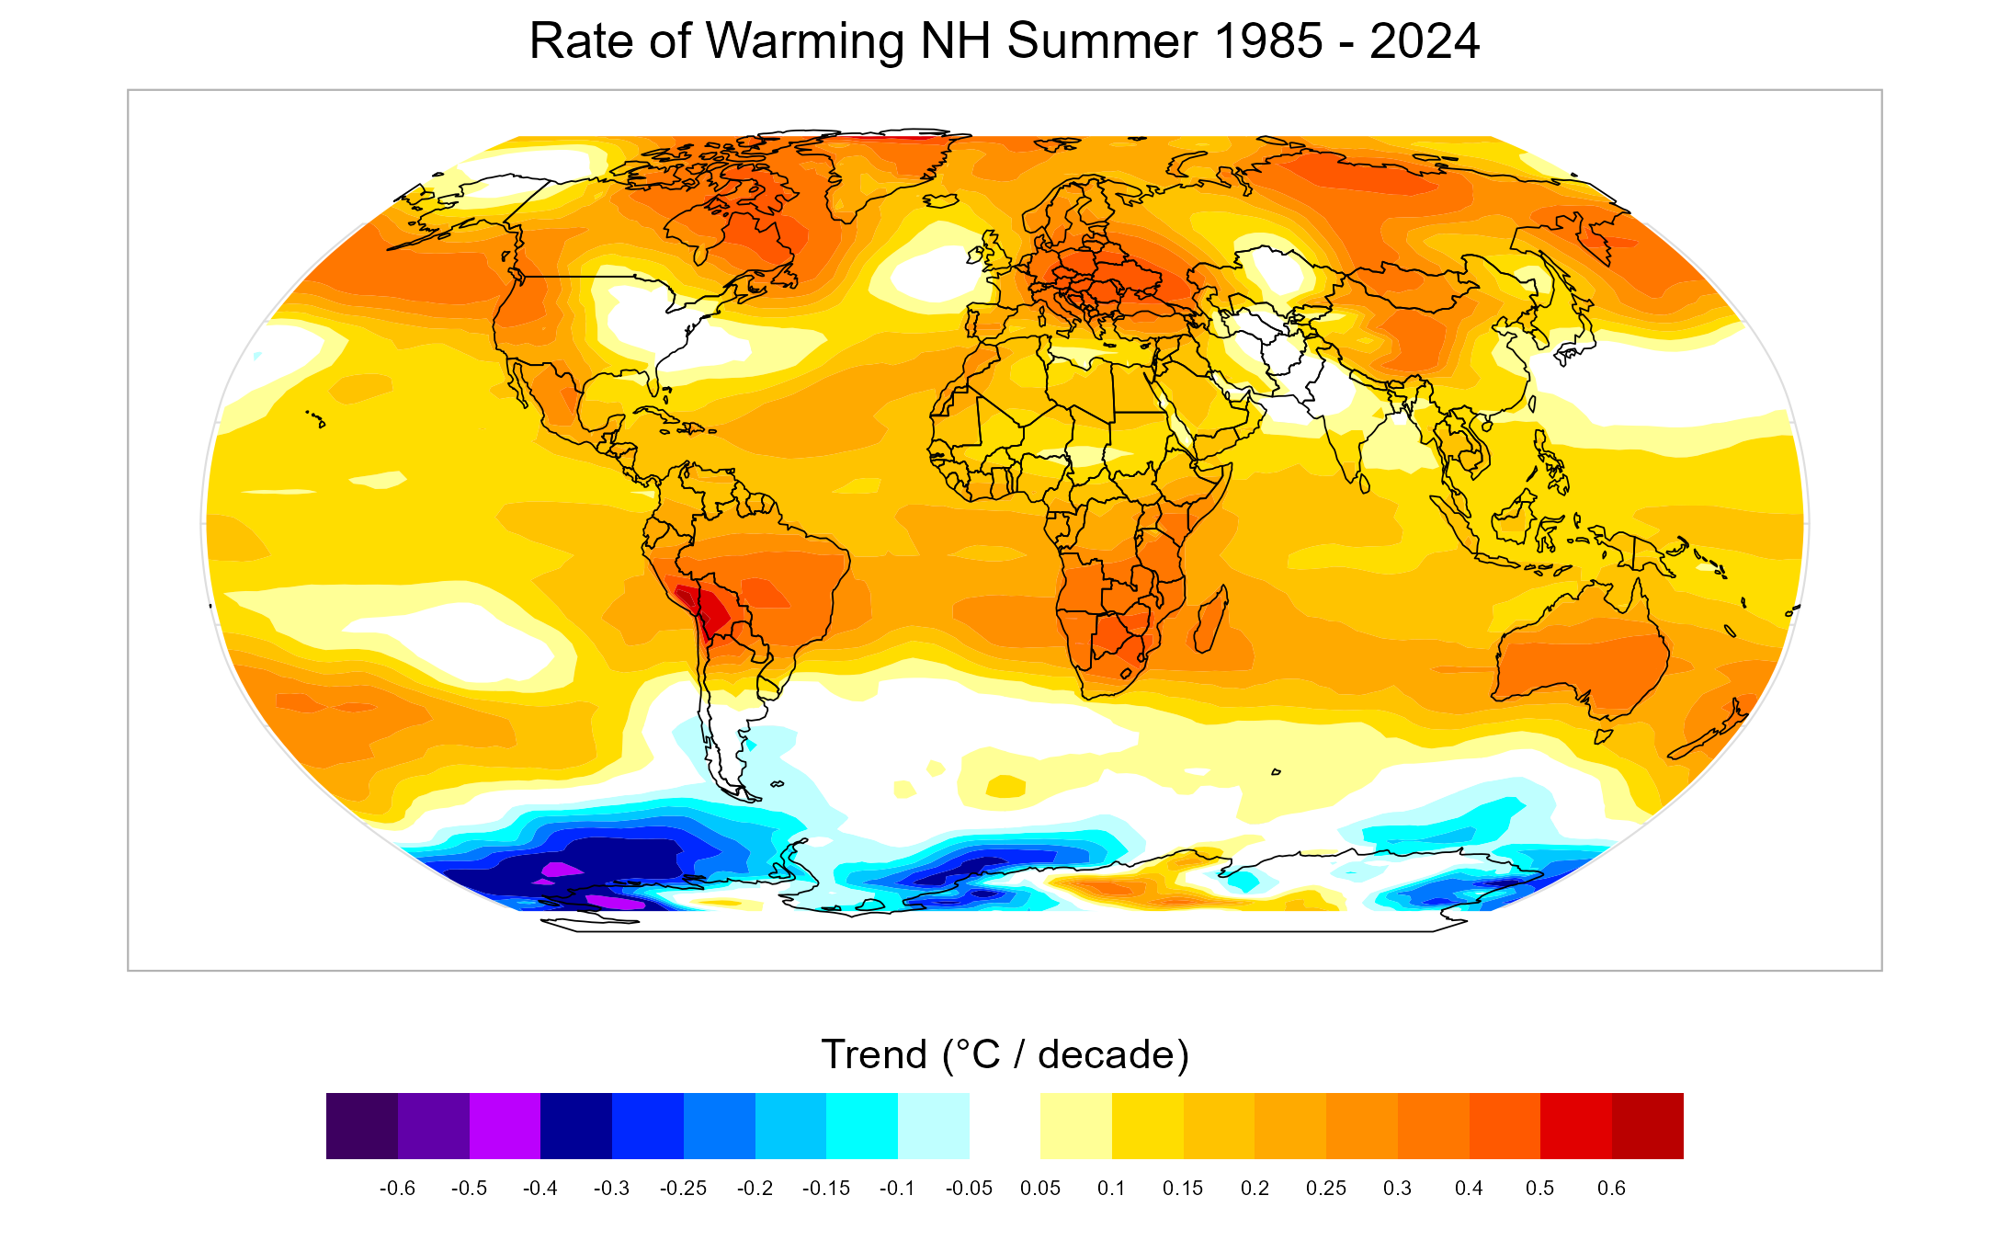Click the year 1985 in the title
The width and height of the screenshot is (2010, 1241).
tap(1268, 41)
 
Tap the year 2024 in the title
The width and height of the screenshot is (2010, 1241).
tap(1425, 41)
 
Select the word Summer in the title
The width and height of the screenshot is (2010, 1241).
tap(1102, 41)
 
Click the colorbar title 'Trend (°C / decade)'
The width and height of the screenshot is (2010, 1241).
tap(1005, 1054)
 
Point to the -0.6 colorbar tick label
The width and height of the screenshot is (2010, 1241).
tap(397, 1188)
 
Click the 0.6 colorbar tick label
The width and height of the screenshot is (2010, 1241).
tap(1611, 1188)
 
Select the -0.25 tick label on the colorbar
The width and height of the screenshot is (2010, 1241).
tap(683, 1188)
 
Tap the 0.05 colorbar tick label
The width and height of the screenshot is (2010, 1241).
tap(1040, 1188)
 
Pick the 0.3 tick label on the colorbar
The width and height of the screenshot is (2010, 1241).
tap(1397, 1188)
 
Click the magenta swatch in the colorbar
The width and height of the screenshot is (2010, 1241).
tap(505, 1125)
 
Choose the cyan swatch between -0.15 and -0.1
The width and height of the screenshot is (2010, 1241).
tap(861, 1125)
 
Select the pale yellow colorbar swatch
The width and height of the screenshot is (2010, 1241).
tap(1075, 1125)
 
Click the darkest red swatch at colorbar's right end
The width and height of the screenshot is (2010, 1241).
tap(1647, 1125)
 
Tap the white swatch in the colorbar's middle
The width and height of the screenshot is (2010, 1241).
tap(1005, 1125)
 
